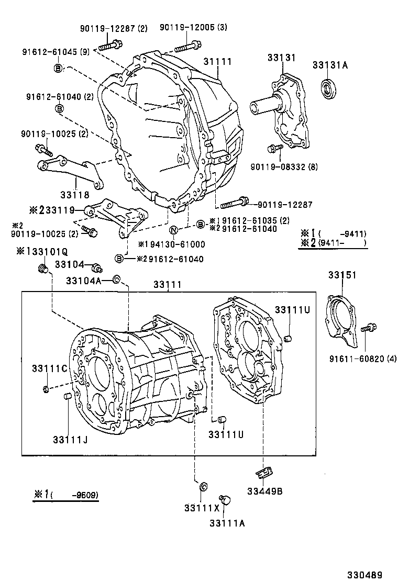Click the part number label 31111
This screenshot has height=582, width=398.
coord(217,62)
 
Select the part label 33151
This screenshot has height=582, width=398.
coord(342,275)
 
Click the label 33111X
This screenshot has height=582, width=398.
coord(198,508)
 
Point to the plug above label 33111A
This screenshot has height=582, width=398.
coord(226,500)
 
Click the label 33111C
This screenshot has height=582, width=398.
coord(49,368)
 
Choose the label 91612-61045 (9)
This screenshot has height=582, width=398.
coord(56,52)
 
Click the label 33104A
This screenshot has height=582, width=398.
coord(83,281)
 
